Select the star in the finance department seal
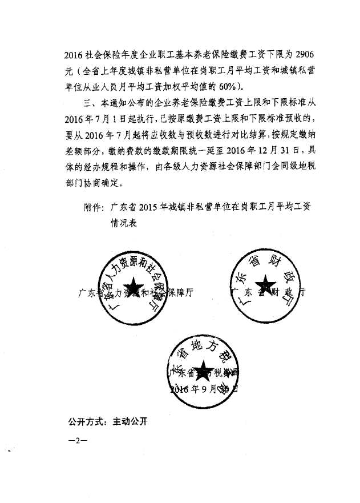pyautogui.click(x=264, y=284)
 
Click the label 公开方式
pyautogui.click(x=84, y=422)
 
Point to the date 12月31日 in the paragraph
pyautogui.click(x=283, y=151)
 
